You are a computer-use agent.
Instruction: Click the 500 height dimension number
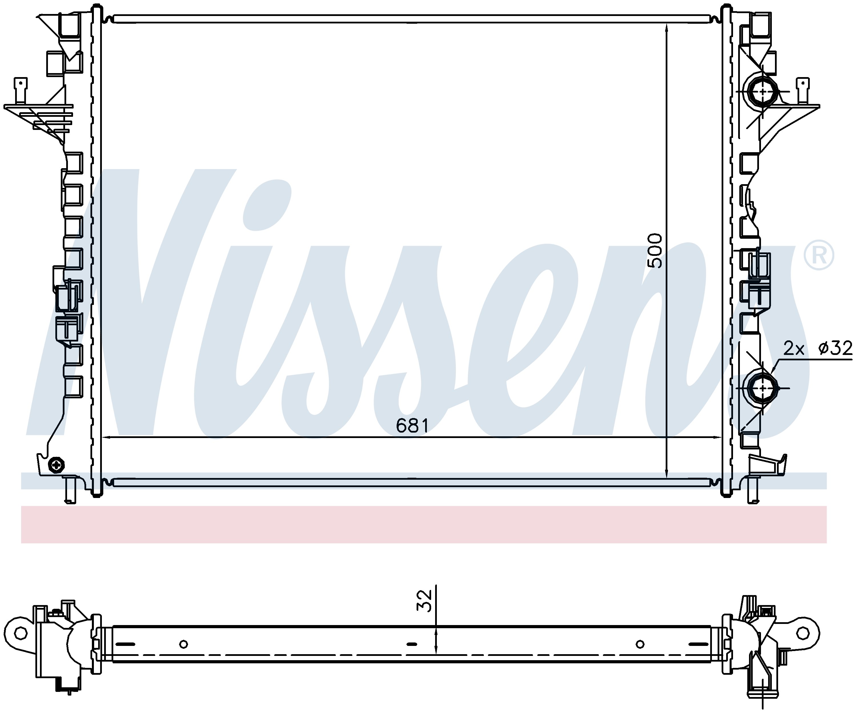click(x=655, y=250)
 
